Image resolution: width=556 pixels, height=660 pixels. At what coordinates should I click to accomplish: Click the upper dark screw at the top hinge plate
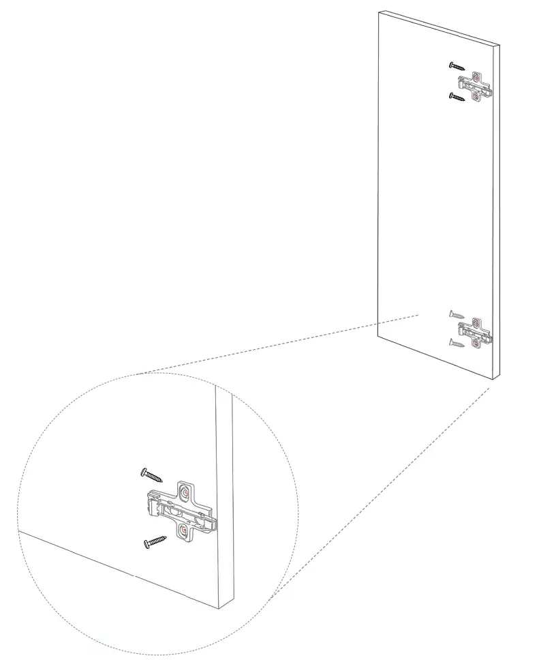[457, 66]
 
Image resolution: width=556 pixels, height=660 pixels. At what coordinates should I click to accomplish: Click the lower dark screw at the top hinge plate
[457, 96]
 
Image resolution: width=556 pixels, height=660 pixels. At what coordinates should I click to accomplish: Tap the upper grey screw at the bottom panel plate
[457, 315]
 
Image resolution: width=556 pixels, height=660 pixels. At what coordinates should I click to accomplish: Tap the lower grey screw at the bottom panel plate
[457, 343]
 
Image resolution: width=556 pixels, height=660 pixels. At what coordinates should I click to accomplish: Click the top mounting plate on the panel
[476, 86]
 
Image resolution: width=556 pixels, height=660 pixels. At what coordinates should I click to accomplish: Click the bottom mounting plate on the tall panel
[476, 332]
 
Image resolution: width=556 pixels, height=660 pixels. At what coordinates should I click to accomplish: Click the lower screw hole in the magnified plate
[183, 530]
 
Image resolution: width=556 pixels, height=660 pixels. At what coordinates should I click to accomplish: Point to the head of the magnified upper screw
[144, 471]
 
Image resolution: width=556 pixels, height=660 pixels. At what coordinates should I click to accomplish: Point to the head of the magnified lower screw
[146, 544]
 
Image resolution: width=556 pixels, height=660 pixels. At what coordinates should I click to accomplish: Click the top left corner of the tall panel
[380, 12]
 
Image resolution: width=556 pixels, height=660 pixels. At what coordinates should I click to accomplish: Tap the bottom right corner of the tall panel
[498, 378]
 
